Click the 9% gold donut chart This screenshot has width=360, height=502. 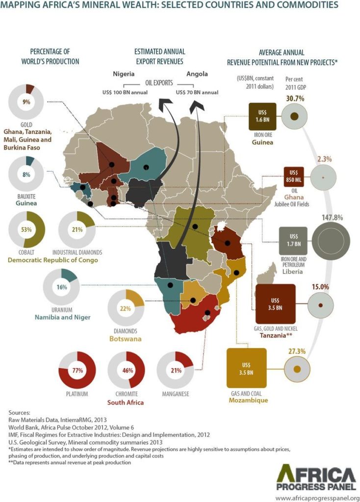pos(26,102)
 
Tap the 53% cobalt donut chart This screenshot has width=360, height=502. pos(26,229)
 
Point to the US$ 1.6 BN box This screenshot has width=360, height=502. pos(262,116)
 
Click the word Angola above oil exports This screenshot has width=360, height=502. pos(197,74)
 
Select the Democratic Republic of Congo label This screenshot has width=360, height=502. pos(53,260)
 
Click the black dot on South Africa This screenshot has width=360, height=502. pos(207,312)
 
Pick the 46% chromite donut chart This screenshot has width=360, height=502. pos(126,370)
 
